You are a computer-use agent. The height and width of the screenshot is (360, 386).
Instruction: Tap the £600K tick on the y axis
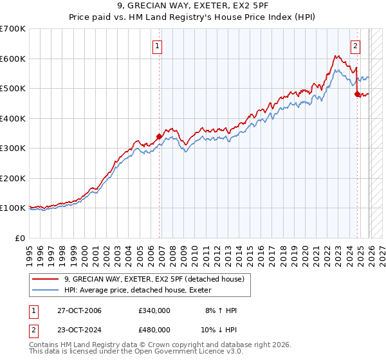pos(13,59)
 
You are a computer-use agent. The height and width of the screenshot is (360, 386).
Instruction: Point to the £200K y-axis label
pos(13,178)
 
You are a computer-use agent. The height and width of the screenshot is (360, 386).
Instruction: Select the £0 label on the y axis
pos(19,238)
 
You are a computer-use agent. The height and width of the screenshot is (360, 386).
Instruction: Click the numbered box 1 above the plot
pos(158,45)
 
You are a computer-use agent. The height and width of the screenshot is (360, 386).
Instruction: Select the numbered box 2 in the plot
pos(355,45)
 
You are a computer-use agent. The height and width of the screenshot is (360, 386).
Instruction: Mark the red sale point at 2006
pos(159,136)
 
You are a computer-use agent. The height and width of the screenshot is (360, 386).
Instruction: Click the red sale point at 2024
pos(357,94)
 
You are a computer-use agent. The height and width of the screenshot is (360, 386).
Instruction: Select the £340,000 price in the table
pos(154,310)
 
